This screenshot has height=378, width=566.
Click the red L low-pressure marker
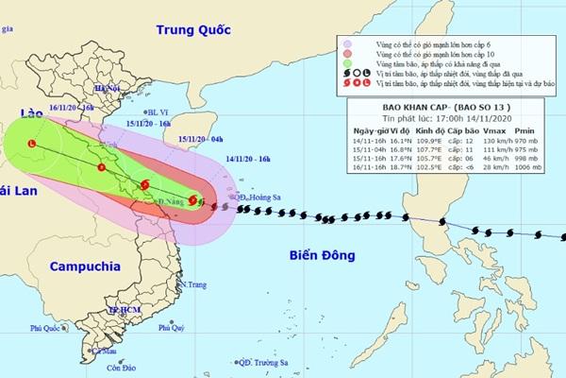click(31, 145)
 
